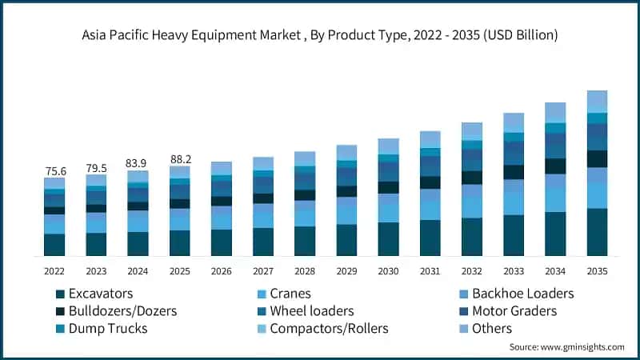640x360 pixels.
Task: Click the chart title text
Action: pyautogui.click(x=320, y=35)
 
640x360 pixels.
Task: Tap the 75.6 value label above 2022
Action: pyautogui.click(x=54, y=171)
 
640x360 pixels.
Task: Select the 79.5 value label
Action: pyautogui.click(x=96, y=168)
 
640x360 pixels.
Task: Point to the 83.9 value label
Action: pyautogui.click(x=138, y=163)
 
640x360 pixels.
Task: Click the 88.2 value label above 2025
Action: pyautogui.click(x=179, y=159)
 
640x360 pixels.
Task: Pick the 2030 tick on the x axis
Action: pyautogui.click(x=388, y=271)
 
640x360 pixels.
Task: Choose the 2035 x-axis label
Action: pyautogui.click(x=597, y=271)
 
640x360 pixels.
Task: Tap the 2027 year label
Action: pyautogui.click(x=263, y=271)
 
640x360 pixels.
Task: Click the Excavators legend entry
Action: pyautogui.click(x=100, y=294)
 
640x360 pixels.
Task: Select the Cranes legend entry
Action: pyautogui.click(x=290, y=294)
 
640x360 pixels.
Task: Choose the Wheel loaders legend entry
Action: pyautogui.click(x=311, y=310)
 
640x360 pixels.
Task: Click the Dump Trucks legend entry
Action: pyautogui.click(x=107, y=328)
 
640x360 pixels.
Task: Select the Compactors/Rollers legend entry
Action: pyautogui.click(x=328, y=328)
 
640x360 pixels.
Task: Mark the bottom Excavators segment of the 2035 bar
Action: pyautogui.click(x=597, y=232)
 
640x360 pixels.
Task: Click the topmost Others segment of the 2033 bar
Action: pyautogui.click(x=514, y=122)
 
